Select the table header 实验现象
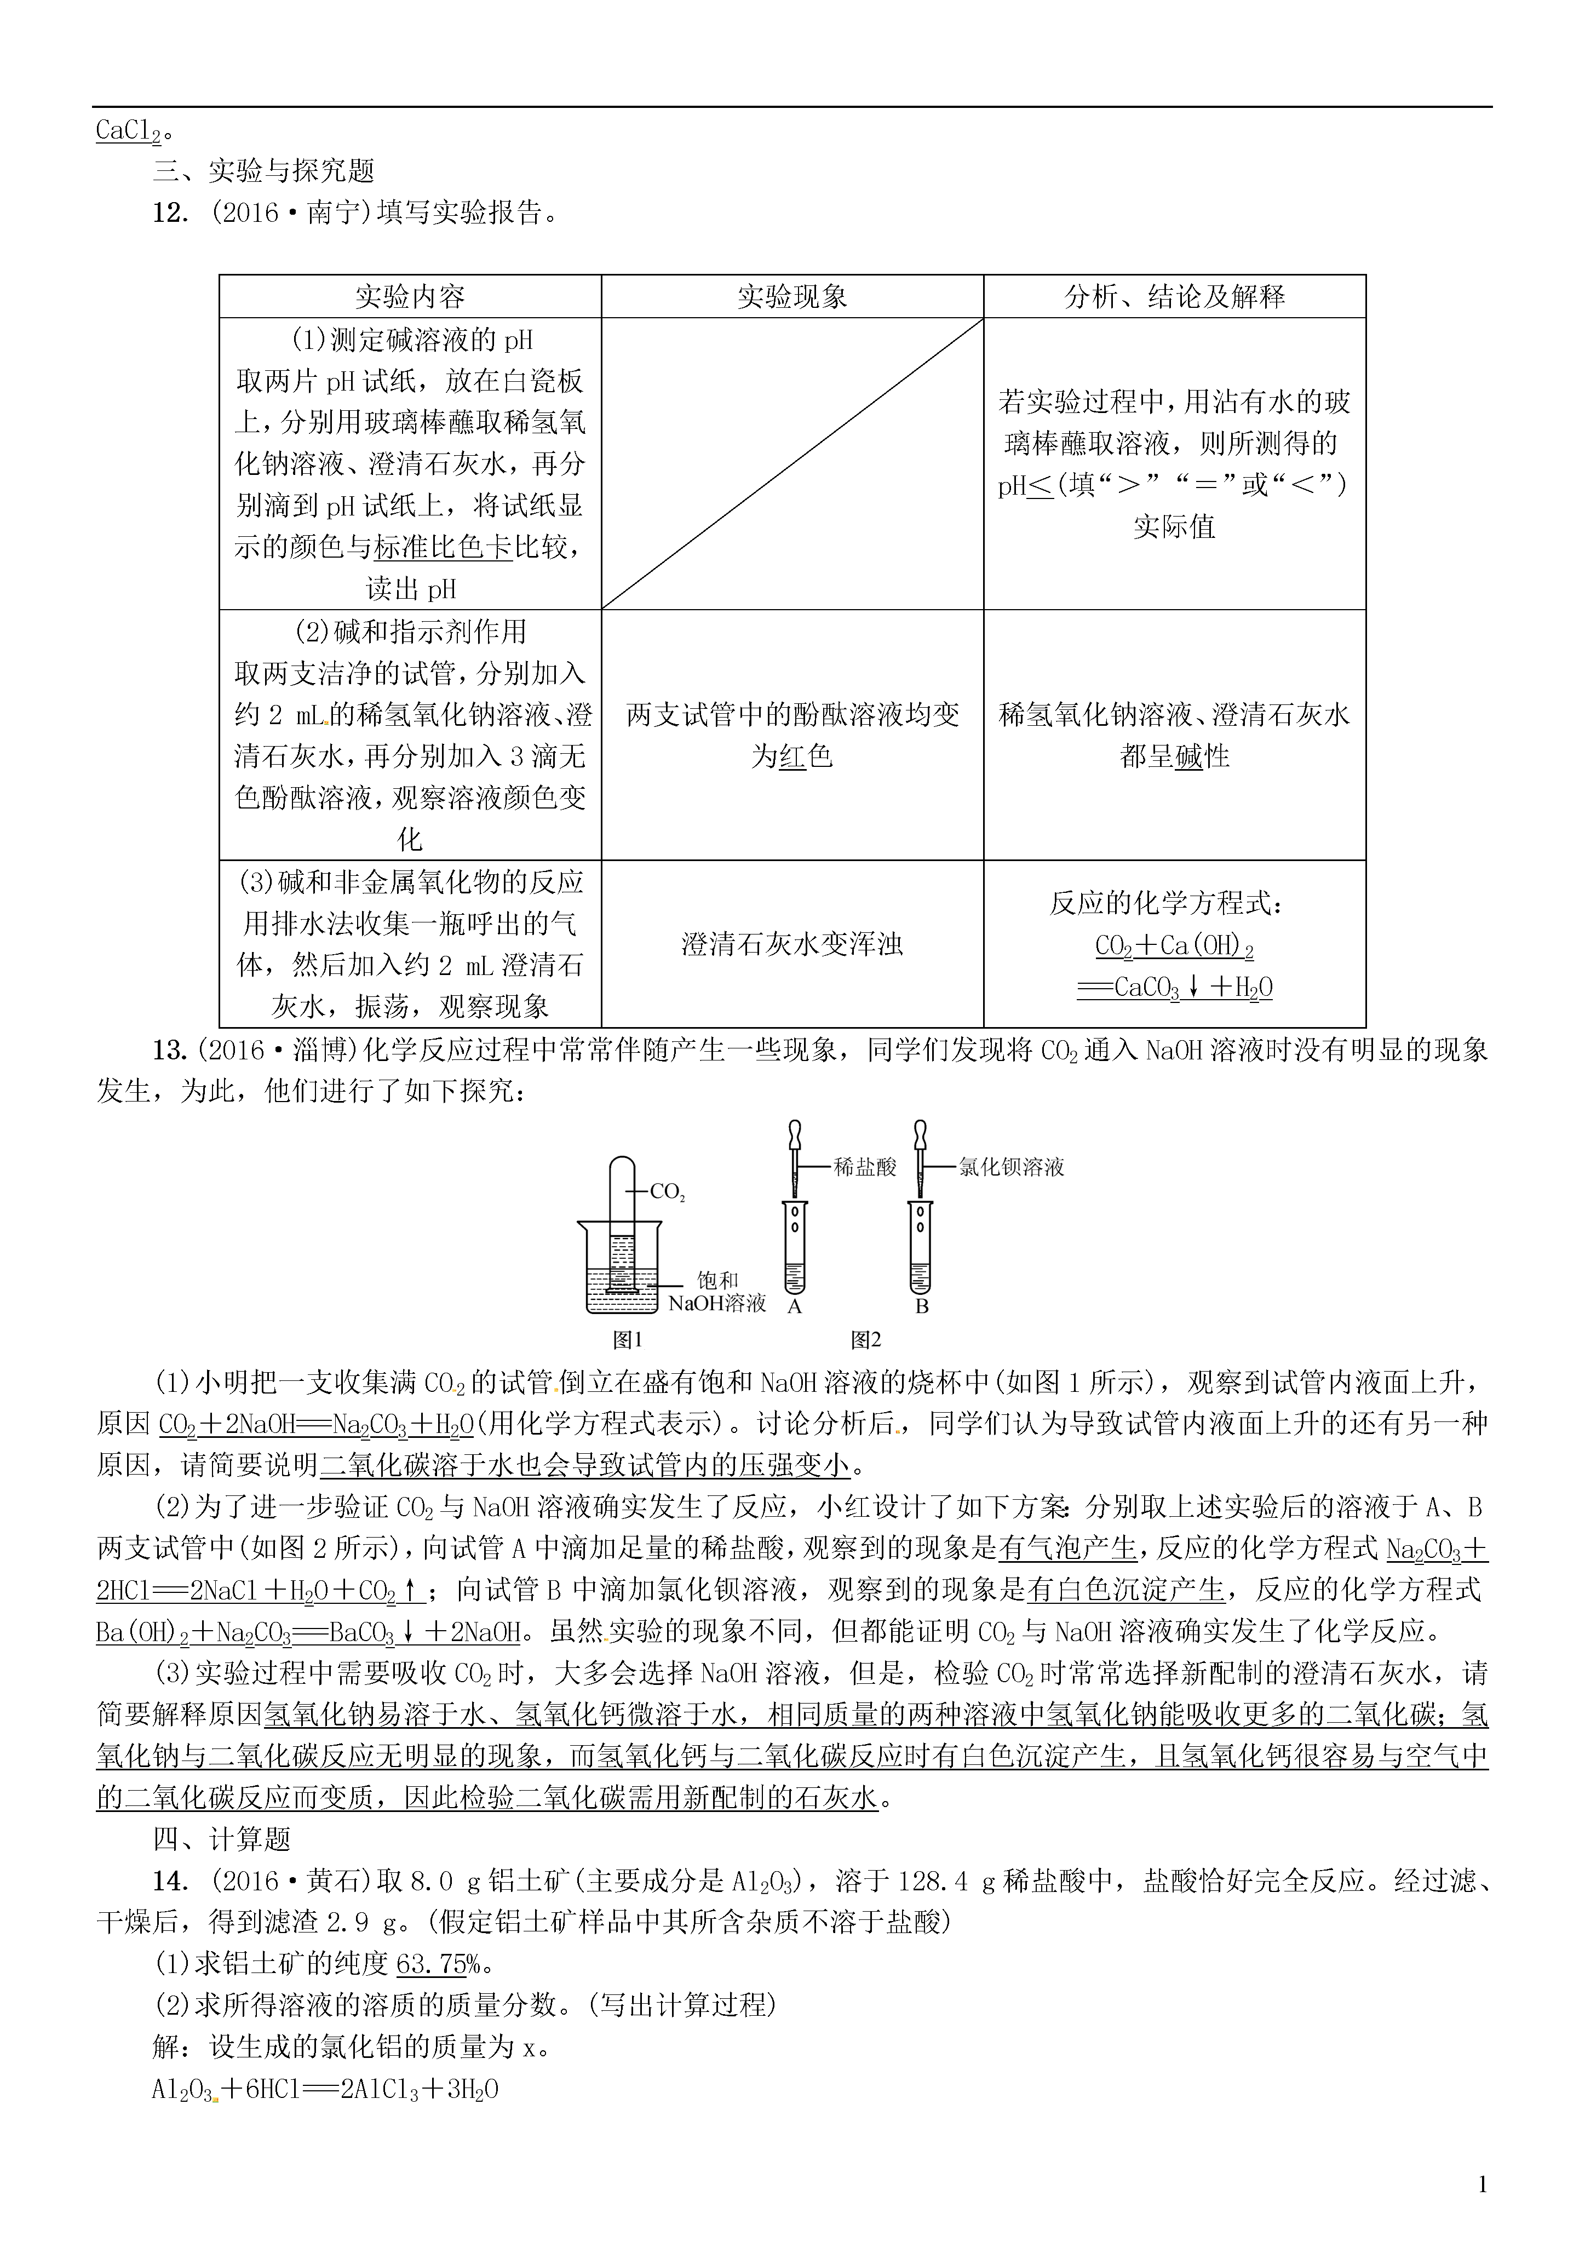pyautogui.click(x=792, y=297)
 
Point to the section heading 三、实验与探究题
pyautogui.click(x=263, y=171)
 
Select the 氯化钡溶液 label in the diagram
pyautogui.click(x=1011, y=1167)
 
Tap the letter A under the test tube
pyautogui.click(x=794, y=1306)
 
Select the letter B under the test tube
pyautogui.click(x=921, y=1306)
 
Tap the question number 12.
pyautogui.click(x=170, y=213)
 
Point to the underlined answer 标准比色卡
pyautogui.click(x=444, y=548)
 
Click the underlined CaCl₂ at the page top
pyautogui.click(x=127, y=131)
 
